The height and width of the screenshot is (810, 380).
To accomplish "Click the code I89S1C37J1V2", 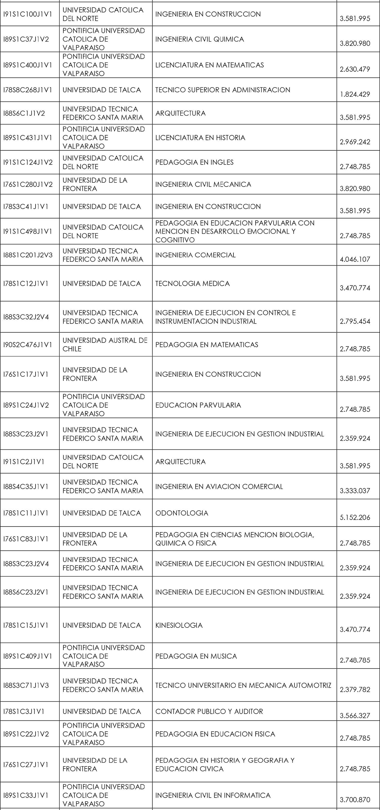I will [x=26, y=39].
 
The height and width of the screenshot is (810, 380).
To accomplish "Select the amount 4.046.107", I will [x=355, y=259].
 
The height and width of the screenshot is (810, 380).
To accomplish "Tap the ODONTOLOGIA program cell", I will [x=182, y=513].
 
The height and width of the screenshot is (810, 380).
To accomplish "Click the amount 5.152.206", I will [x=355, y=518].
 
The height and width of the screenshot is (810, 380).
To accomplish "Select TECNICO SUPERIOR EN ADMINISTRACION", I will [x=223, y=90].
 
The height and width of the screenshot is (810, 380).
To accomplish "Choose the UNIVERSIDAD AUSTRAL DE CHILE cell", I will [x=105, y=345].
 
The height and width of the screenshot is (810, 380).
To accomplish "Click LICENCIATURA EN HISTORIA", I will [x=200, y=138].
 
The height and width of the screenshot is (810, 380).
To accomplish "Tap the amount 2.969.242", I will [x=355, y=142].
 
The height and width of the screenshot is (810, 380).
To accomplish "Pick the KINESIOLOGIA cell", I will [x=179, y=625].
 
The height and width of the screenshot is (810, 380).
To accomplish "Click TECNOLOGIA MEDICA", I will [x=192, y=284].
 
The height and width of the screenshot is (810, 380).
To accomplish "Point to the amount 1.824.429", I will [x=355, y=94].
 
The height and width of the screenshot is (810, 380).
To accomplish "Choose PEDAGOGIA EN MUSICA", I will [x=196, y=656].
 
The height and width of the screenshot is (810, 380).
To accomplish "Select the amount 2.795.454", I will [x=355, y=321].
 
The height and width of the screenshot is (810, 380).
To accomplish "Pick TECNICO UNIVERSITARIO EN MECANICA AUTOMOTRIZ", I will [x=243, y=685].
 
